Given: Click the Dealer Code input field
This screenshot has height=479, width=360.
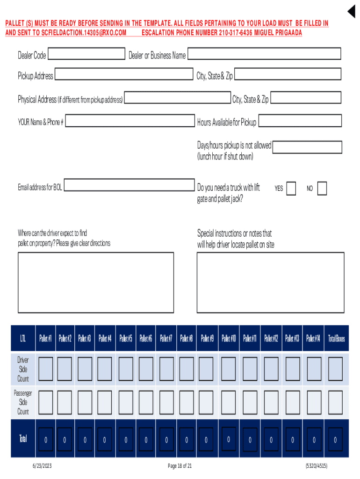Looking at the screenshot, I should click(x=86, y=54).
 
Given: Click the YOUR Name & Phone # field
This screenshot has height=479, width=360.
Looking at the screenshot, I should click(x=130, y=121).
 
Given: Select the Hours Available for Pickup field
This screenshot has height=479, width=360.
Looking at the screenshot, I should click(x=300, y=121).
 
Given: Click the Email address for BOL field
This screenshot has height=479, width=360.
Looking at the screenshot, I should click(x=129, y=185).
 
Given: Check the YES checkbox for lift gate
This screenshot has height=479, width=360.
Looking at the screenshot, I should click(x=291, y=189).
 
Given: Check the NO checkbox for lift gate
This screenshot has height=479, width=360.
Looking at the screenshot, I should click(x=322, y=189).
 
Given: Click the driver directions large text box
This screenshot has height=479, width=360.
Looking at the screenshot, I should click(x=96, y=282).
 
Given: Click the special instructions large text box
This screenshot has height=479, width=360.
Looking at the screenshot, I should click(x=270, y=282).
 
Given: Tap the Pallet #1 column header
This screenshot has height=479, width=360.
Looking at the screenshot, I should click(x=45, y=338).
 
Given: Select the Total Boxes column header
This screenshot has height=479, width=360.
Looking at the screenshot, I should click(x=336, y=338).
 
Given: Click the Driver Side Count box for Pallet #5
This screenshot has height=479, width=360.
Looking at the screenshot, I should click(x=126, y=369).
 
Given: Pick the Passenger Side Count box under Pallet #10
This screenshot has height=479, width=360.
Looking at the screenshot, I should click(x=228, y=402).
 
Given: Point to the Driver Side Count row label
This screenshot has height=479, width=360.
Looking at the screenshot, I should click(x=23, y=369).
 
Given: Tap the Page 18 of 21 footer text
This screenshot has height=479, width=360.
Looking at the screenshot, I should click(x=180, y=466).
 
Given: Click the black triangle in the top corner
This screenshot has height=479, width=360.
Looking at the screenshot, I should click(x=352, y=12).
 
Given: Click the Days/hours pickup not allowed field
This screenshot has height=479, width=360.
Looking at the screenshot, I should click(x=307, y=147).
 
